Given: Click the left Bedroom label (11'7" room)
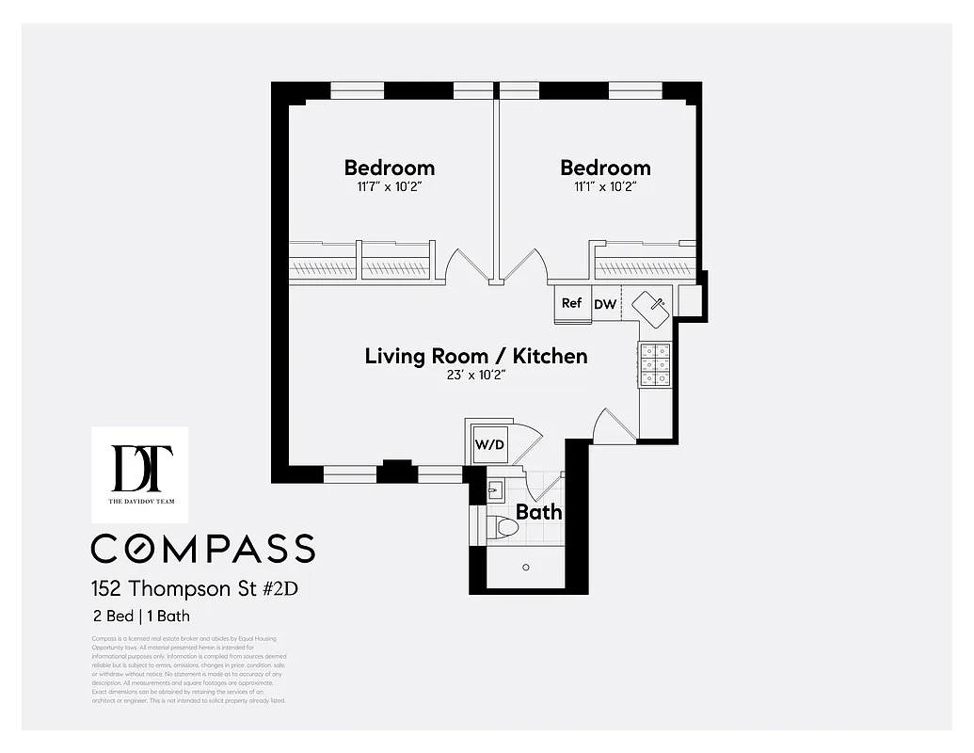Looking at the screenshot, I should coord(389,168).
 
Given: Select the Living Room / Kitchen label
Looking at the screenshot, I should coord(475,356).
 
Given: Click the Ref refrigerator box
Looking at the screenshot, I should coord(571,303).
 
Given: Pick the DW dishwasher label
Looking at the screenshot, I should coord(605,304).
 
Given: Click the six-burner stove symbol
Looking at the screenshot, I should coord(654,364).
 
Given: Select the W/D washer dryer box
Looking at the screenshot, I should coord(488,444).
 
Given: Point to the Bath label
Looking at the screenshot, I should coord(538,512).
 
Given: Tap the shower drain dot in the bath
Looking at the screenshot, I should coord(526,567).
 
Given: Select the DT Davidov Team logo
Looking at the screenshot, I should coord(139,473).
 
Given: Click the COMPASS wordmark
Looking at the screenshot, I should coord(202,548).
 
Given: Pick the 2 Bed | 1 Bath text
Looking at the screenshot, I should coord(141,617).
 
